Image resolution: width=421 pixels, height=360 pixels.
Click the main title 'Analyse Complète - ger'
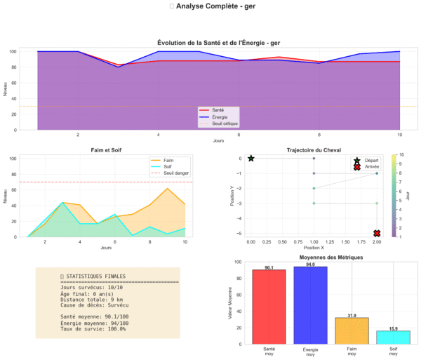210,6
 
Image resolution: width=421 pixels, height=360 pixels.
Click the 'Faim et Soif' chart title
106,150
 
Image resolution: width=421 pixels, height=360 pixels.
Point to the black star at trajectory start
250,158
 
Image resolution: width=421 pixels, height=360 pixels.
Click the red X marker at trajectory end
377,233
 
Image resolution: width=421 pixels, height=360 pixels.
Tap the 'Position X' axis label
314,248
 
